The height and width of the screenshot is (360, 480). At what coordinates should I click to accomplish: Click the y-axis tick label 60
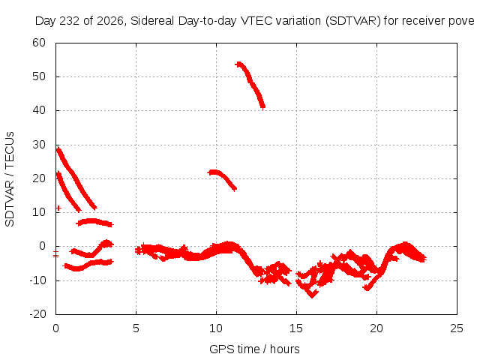point(39,43)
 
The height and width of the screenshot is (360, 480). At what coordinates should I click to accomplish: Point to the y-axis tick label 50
point(39,76)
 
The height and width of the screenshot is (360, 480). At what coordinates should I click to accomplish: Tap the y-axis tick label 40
point(39,110)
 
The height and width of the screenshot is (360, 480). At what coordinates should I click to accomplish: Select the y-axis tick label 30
point(39,145)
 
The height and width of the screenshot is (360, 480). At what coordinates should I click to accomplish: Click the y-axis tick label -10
point(37,280)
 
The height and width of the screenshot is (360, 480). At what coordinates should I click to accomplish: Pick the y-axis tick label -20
point(37,314)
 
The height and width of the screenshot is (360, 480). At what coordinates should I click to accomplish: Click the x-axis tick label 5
point(136,328)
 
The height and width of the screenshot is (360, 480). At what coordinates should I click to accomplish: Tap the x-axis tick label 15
point(296,328)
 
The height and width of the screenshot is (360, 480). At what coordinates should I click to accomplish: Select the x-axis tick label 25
point(457,328)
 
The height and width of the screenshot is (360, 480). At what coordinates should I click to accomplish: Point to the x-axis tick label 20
point(376,328)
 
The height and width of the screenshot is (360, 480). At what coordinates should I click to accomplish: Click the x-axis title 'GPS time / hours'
point(254,349)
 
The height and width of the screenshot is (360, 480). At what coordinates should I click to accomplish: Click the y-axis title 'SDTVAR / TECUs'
point(10,179)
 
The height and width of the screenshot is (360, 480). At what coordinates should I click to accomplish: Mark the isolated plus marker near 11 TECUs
point(58,208)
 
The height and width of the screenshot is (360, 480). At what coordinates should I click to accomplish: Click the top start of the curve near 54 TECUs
point(238,64)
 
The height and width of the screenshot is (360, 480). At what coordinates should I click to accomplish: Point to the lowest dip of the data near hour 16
point(312,295)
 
